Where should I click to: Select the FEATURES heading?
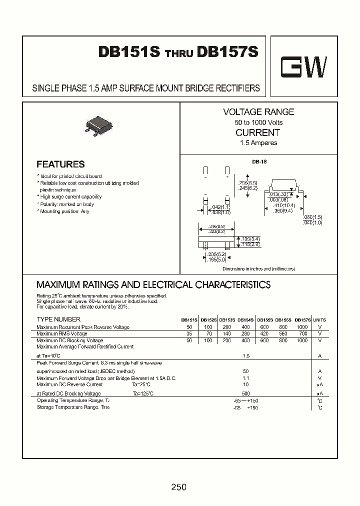click(x=60, y=164)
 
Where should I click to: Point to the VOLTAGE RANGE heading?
click(x=258, y=112)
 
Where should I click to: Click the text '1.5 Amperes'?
click(x=258, y=143)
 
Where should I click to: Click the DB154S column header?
click(x=245, y=320)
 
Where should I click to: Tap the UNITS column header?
click(x=319, y=320)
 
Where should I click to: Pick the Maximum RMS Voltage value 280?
click(x=245, y=333)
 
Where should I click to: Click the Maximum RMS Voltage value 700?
click(x=302, y=333)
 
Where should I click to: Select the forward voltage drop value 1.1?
click(x=245, y=378)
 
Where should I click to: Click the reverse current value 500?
click(x=245, y=393)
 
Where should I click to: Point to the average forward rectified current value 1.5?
click(x=245, y=356)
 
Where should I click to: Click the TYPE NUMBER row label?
click(x=58, y=319)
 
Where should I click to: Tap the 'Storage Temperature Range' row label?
click(x=73, y=407)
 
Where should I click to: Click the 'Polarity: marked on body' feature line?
click(x=65, y=204)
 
